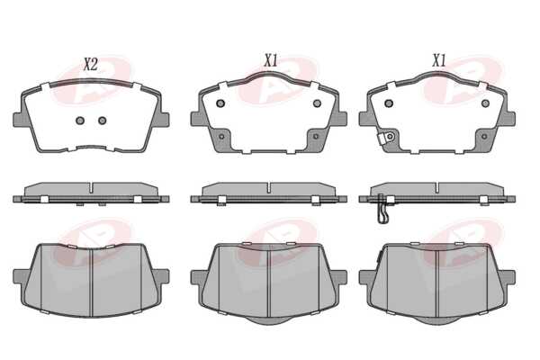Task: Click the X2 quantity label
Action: (91, 65)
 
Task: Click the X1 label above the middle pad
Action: (271, 61)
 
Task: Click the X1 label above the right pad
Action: (439, 61)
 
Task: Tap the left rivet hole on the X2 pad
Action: (80, 121)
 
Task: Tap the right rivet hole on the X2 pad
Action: (103, 121)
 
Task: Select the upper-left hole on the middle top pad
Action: (220, 103)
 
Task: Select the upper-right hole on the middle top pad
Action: (317, 103)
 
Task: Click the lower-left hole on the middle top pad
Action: (221, 137)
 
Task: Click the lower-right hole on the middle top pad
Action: (316, 137)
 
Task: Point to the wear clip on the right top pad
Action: (385, 138)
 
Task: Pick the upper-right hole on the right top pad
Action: (485, 103)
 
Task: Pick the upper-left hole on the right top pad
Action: (389, 103)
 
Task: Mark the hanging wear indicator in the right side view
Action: (382, 209)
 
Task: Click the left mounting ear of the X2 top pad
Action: (18, 120)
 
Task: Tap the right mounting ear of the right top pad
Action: (510, 119)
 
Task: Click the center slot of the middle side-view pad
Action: (268, 188)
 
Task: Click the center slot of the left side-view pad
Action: (91, 188)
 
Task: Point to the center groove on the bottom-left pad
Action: (91, 282)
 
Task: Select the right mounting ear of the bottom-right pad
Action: (509, 277)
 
